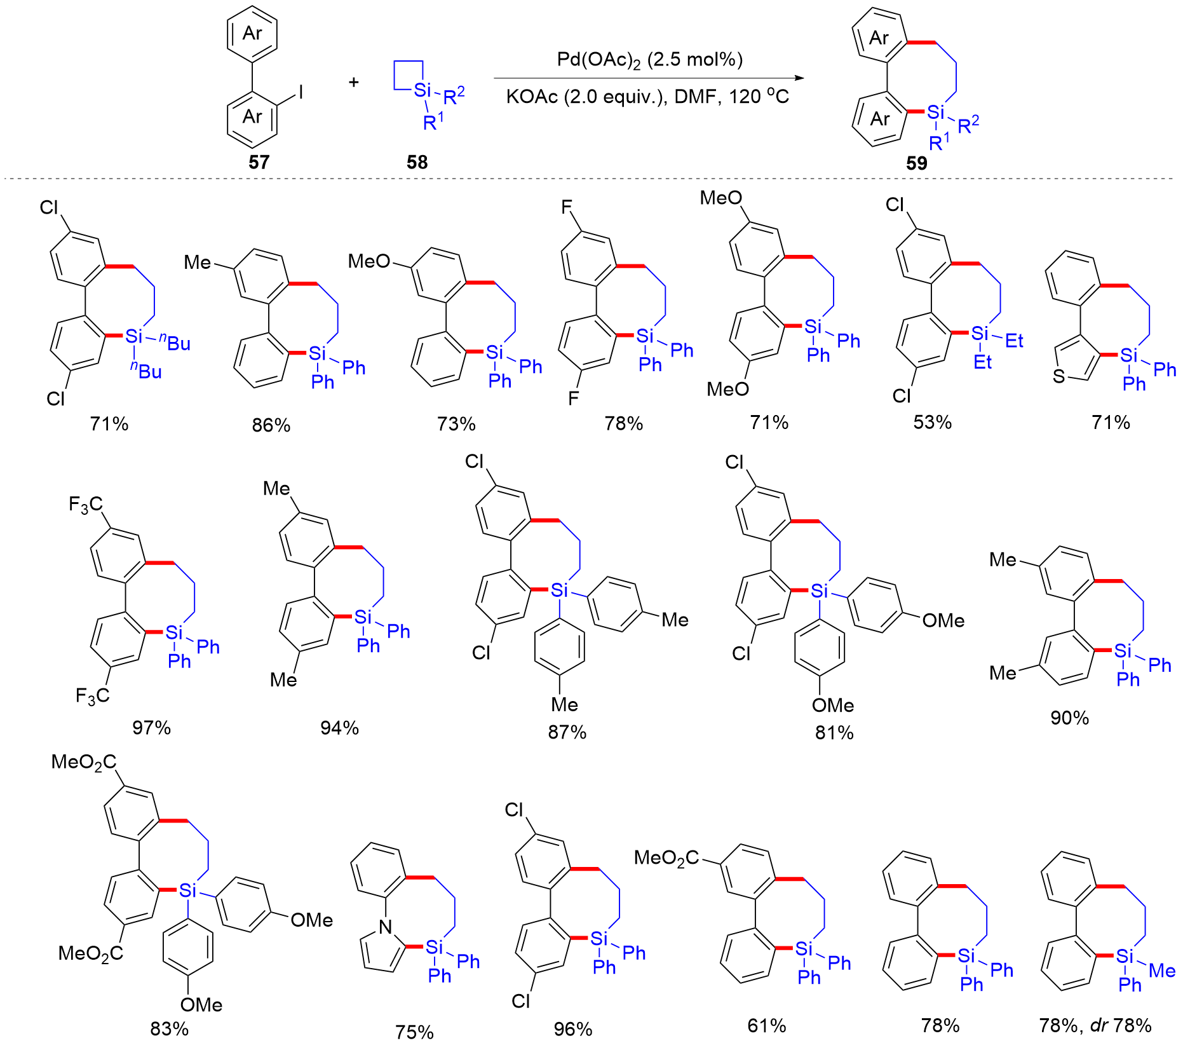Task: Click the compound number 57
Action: [259, 162]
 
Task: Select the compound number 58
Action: [417, 162]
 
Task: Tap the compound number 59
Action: [916, 163]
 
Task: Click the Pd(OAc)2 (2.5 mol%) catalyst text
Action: [649, 60]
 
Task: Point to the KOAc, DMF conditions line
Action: [647, 97]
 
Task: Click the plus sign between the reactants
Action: [354, 82]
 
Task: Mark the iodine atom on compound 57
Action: [301, 93]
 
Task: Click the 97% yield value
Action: [151, 727]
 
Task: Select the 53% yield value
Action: [932, 423]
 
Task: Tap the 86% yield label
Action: [271, 425]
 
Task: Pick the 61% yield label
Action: [766, 1025]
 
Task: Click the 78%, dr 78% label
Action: [1095, 1025]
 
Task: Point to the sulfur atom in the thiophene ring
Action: [1058, 376]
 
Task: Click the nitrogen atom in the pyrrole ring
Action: [386, 927]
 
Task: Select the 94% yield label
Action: [339, 727]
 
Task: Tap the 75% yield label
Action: [414, 1032]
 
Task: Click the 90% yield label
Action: [1069, 718]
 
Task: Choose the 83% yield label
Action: [169, 1028]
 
